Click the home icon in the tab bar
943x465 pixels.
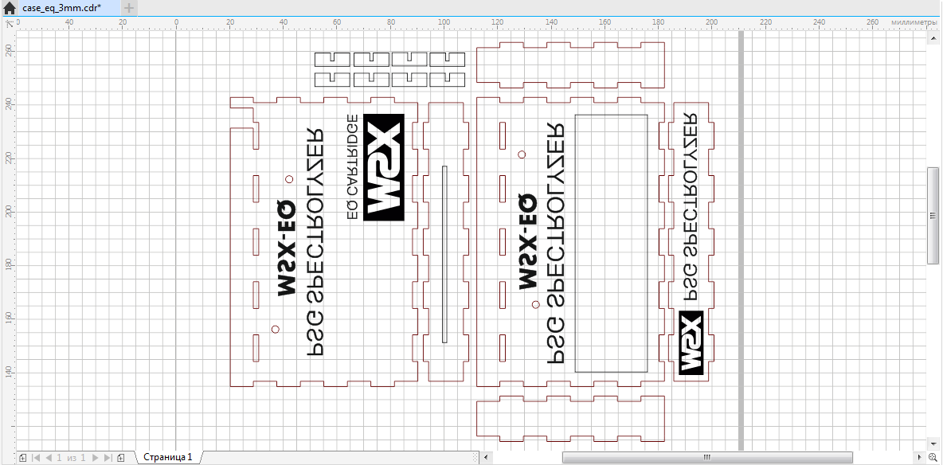tap(10, 8)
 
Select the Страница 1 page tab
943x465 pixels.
tap(167, 457)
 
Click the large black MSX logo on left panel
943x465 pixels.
tap(383, 167)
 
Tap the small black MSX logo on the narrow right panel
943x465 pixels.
tap(691, 342)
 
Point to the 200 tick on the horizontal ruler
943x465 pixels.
tap(712, 22)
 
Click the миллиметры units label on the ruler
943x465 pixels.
tap(914, 22)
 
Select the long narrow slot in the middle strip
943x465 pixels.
tap(444, 254)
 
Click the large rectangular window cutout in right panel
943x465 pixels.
tap(611, 243)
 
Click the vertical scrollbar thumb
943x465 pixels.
tap(933, 215)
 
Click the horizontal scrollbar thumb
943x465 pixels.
tap(706, 457)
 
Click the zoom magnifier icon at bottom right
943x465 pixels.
tap(933, 457)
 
